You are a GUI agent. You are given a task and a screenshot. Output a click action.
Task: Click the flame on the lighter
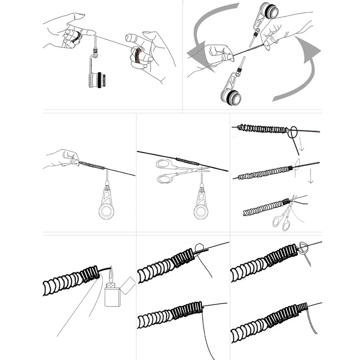coord(112,272)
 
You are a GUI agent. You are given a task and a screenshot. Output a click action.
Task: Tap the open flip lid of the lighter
coord(128,284)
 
